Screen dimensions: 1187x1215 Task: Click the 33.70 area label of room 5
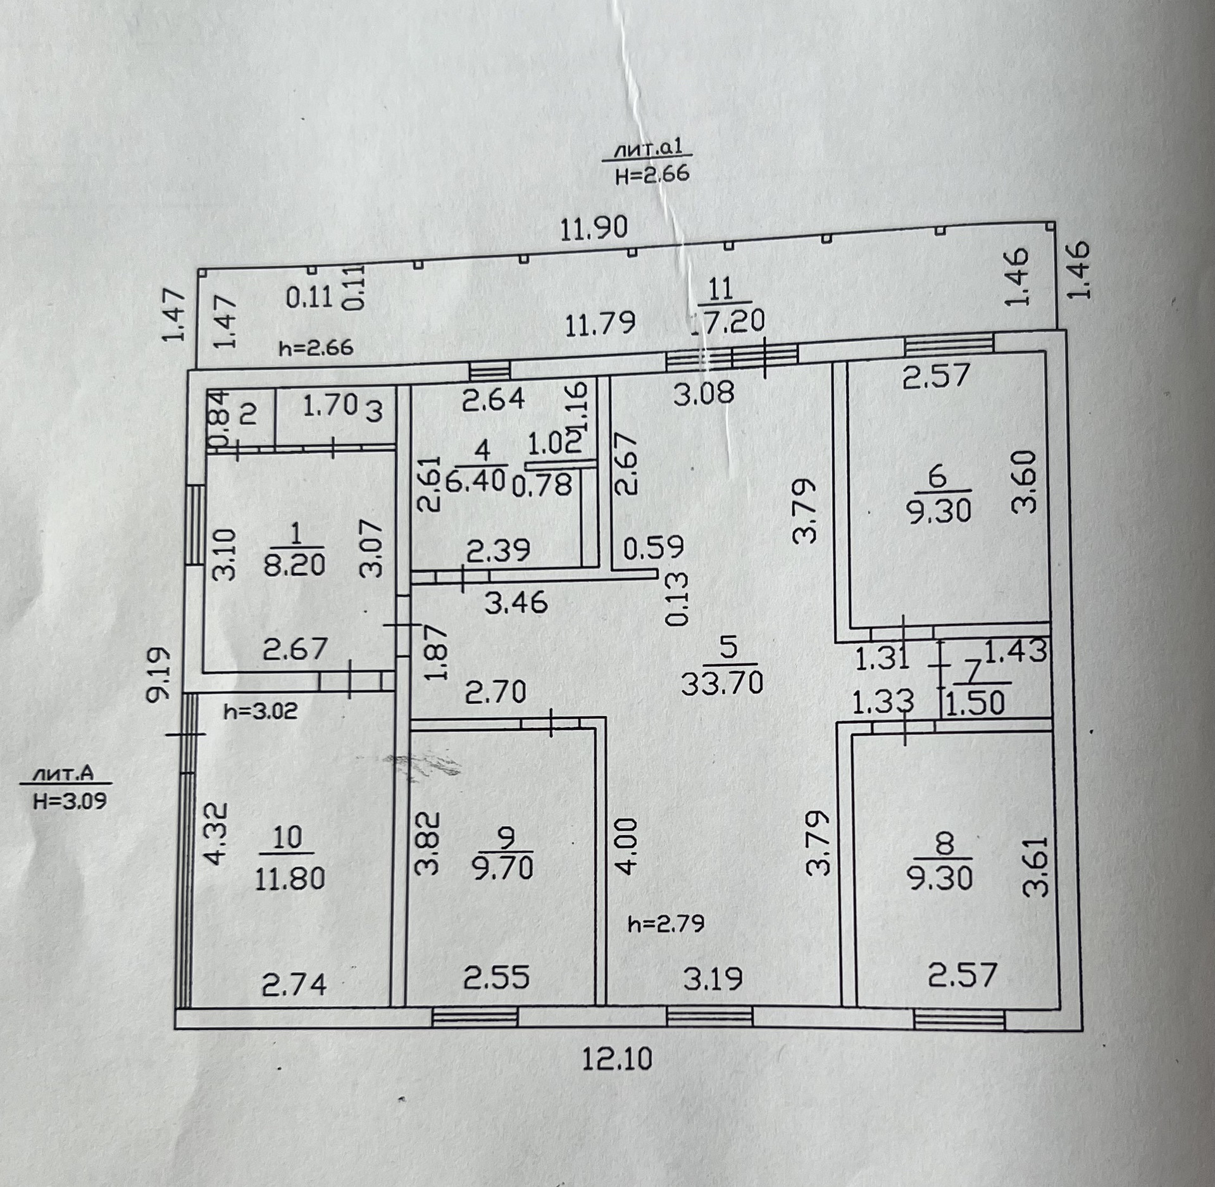point(723,683)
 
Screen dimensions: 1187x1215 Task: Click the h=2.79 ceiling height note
point(666,924)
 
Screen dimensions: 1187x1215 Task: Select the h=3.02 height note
point(261,711)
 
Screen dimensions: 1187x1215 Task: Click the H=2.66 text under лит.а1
point(652,174)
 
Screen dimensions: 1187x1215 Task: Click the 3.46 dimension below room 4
point(516,602)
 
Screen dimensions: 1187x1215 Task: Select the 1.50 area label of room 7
point(975,703)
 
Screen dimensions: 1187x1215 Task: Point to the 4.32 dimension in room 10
point(215,833)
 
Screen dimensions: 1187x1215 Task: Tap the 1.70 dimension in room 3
point(330,406)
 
